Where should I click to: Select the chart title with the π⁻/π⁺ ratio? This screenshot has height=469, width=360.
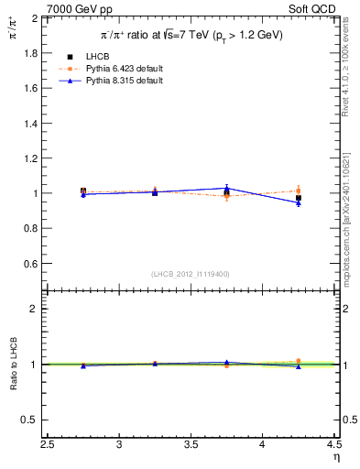point(191,35)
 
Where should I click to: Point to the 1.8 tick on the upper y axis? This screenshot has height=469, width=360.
point(31,53)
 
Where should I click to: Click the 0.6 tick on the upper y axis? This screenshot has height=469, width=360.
point(31,264)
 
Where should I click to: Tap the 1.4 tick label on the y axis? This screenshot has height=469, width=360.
point(31,124)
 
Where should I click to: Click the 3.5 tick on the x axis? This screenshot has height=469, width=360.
point(191,445)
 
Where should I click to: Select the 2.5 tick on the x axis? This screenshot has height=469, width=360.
point(48,445)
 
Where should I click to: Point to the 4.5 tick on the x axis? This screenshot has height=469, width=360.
point(333,445)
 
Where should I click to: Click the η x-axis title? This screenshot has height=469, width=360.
point(336,459)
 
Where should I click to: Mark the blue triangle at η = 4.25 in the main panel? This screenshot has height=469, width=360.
point(298,203)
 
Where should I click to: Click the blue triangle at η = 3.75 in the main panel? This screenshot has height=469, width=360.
point(226,188)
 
